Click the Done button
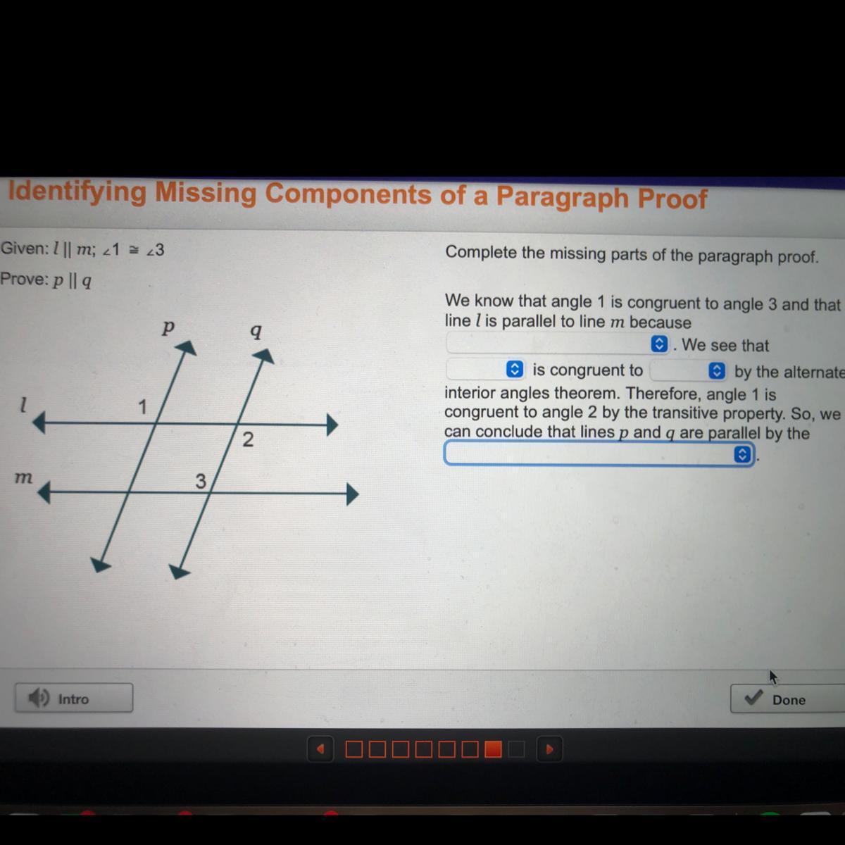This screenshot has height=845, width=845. (787, 699)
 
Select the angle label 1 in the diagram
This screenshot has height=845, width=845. (142, 407)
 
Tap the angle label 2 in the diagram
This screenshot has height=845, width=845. (248, 439)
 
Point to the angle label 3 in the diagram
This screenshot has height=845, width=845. (201, 481)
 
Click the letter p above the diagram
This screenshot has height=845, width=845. (168, 327)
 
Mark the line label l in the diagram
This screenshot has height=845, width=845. (23, 404)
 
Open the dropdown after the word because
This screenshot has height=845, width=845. (557, 344)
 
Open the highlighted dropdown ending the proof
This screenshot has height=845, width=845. (599, 453)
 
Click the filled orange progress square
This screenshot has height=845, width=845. (493, 749)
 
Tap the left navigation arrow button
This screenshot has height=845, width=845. (320, 749)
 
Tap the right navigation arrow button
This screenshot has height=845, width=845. (549, 749)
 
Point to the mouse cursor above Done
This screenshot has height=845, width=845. (773, 677)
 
